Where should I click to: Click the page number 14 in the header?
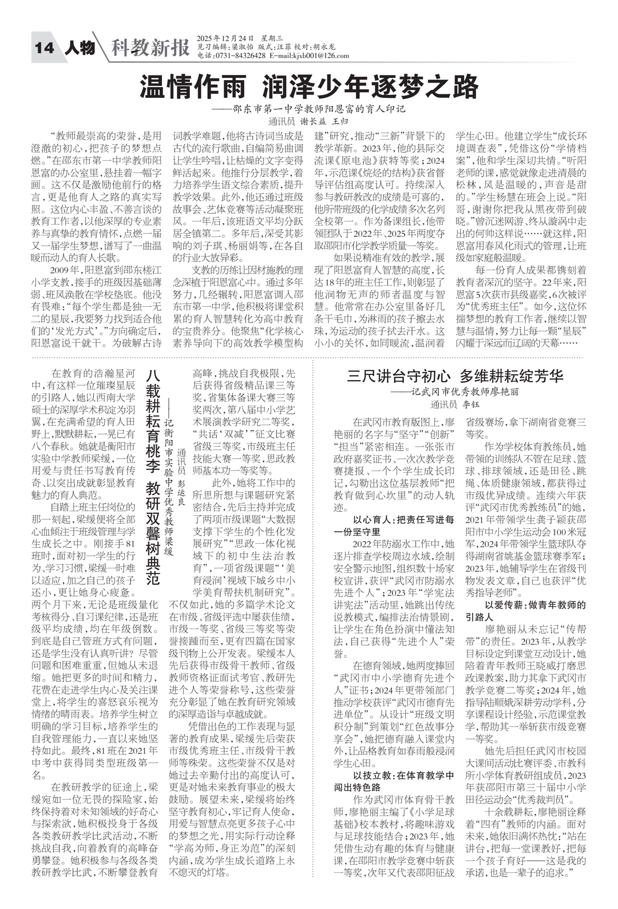[44, 48]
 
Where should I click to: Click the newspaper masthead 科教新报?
[150, 48]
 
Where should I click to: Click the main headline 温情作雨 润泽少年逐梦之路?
[309, 88]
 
